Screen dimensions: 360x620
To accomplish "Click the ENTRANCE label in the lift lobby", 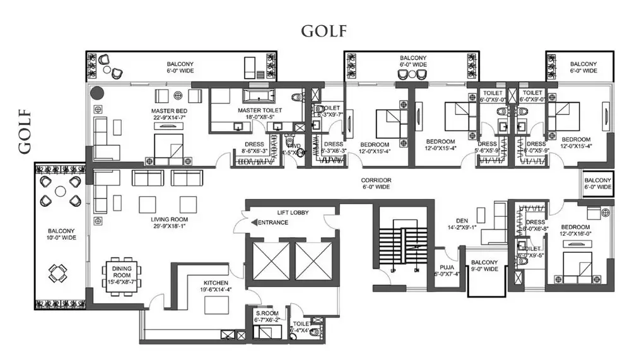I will (x=272, y=223).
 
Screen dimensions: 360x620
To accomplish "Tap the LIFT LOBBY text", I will (x=292, y=213).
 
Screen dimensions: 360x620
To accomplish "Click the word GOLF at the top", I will (x=324, y=31).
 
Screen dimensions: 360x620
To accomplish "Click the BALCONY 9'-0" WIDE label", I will (x=486, y=266).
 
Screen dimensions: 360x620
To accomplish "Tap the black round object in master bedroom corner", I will (x=97, y=94).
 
